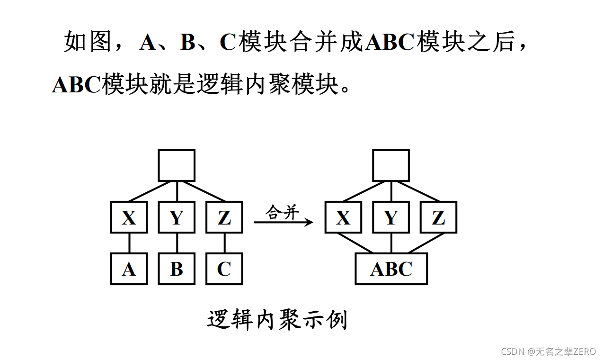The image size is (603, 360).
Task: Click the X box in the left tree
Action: (129, 217)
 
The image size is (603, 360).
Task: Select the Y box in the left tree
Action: (177, 217)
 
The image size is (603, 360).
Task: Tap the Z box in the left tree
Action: (224, 217)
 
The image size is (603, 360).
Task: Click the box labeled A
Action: (129, 269)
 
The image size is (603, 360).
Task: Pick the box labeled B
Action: (177, 269)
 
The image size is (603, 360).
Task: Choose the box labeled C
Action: (224, 269)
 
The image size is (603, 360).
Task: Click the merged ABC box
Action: (391, 269)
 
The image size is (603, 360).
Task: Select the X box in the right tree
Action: (343, 217)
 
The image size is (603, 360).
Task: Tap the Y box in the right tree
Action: (391, 217)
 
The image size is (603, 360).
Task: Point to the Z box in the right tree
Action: (439, 217)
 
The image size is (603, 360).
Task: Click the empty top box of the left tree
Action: (177, 165)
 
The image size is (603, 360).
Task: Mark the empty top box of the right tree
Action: (391, 165)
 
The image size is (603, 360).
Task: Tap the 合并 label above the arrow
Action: (283, 212)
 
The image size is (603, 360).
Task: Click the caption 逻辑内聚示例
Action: (277, 320)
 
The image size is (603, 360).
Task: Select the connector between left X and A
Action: (129, 243)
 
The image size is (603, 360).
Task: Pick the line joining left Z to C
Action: (224, 243)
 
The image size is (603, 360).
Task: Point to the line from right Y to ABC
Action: (391, 243)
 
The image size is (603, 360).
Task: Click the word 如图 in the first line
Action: (88, 43)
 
